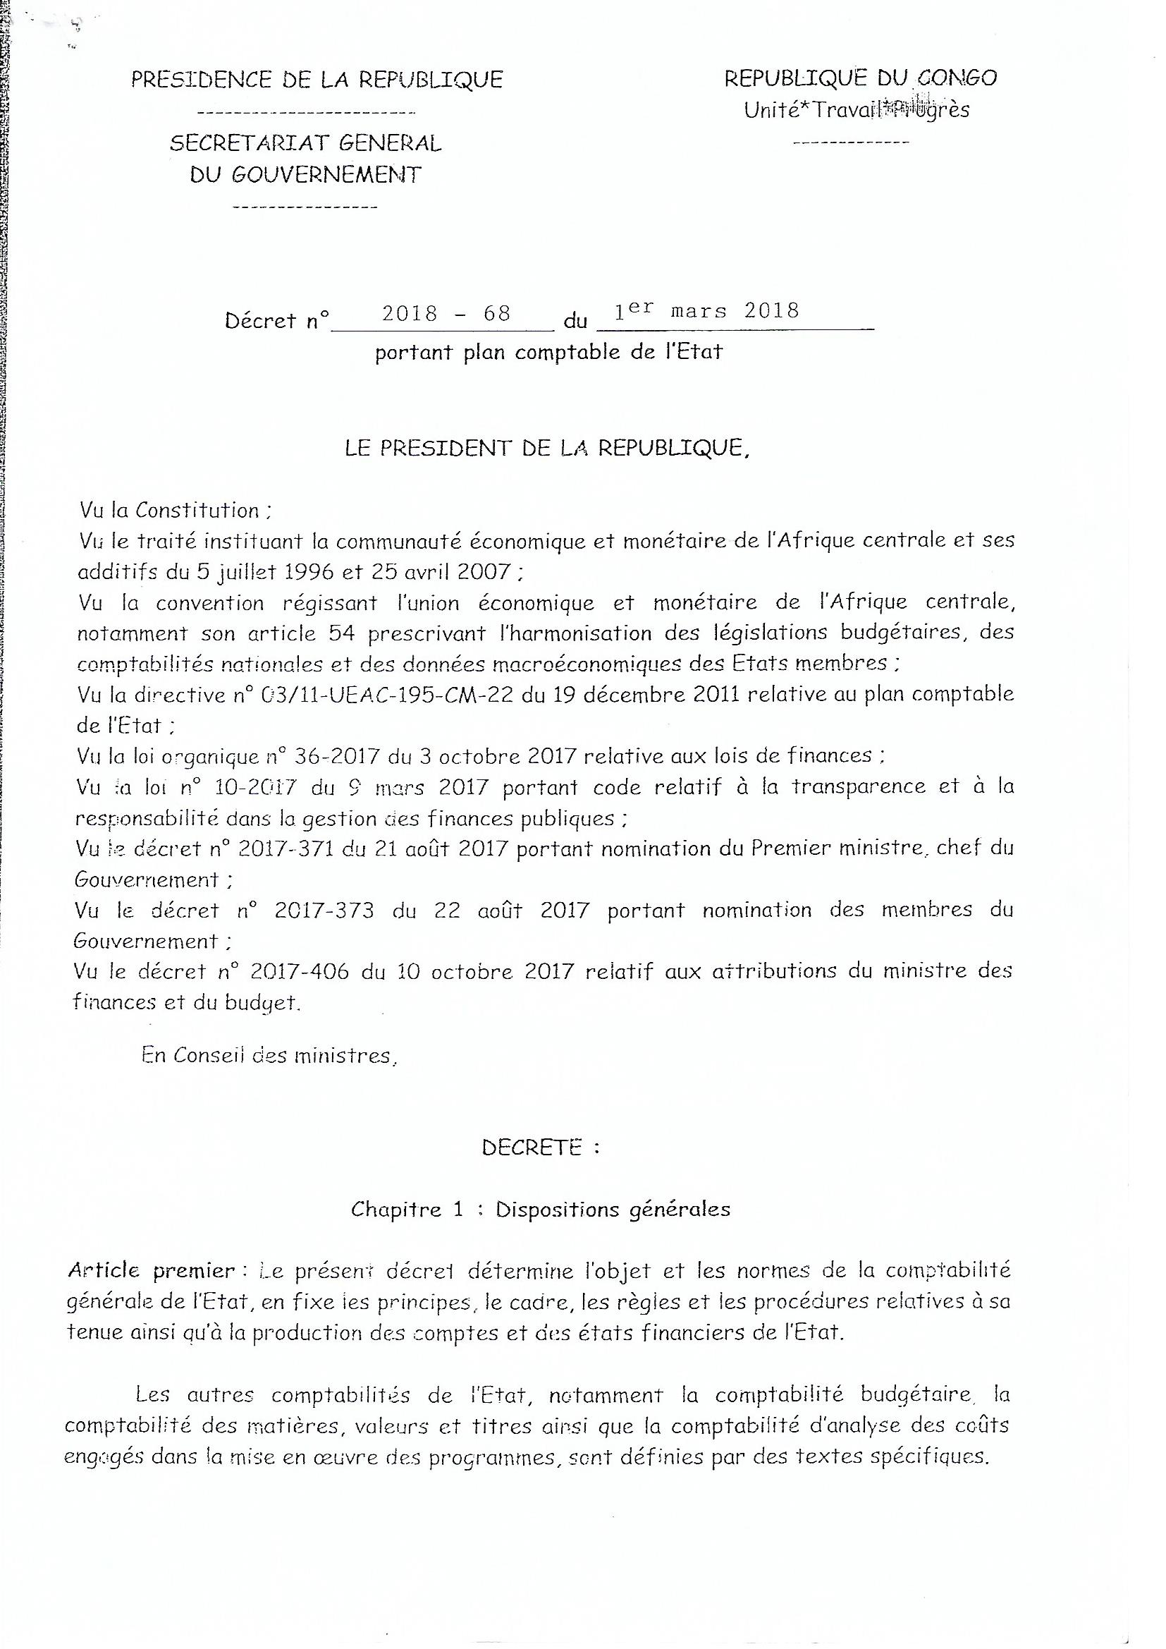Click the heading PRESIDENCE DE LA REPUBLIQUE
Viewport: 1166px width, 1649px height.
click(317, 79)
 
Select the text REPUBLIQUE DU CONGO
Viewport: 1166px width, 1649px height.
click(860, 78)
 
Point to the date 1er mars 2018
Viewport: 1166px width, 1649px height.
click(706, 310)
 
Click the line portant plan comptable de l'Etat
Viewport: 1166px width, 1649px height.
click(548, 353)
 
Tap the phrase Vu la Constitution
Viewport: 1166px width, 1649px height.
click(176, 511)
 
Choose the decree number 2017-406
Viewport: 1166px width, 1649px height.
click(300, 972)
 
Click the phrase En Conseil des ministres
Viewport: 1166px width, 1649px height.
click(269, 1056)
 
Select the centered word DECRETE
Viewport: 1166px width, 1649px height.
click(532, 1148)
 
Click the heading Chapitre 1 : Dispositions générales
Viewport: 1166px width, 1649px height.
click(541, 1210)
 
